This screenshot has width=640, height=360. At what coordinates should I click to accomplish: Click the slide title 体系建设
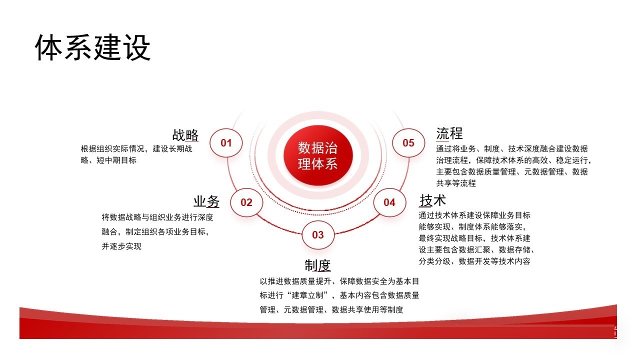92,47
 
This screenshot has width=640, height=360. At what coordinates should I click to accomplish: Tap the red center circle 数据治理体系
318,155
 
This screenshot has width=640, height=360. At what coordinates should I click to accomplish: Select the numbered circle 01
226,142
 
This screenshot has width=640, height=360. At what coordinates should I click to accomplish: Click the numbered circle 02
246,202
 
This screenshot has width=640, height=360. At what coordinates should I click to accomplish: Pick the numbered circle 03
318,234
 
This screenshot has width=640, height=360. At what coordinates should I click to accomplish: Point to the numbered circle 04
389,202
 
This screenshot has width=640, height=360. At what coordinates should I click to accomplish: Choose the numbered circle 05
408,142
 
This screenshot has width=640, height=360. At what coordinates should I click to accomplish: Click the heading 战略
185,135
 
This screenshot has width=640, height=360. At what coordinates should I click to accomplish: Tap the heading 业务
206,201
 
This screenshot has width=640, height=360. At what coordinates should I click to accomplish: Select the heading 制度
317,265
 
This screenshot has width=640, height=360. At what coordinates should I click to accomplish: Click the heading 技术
432,200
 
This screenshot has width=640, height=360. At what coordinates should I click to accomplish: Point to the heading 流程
449,133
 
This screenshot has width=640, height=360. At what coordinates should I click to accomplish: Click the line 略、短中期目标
108,160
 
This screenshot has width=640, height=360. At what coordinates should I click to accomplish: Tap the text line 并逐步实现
121,246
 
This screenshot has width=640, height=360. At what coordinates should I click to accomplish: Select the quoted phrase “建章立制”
307,295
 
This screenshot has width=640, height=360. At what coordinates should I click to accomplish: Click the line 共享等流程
456,183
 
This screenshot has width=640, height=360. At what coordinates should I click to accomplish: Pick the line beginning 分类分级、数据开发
474,261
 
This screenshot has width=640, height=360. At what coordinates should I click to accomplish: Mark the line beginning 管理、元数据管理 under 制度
331,309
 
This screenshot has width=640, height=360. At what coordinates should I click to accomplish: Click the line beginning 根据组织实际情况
136,149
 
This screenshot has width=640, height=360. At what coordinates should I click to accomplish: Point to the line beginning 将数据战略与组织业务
157,217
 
